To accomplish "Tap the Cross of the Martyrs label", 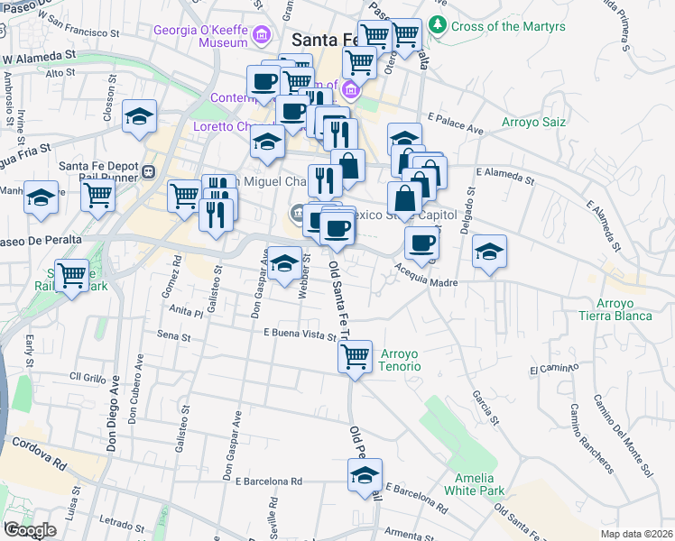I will tap(508, 26).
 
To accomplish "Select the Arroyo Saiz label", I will tap(532, 121).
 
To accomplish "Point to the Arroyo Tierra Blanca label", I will tap(624, 309).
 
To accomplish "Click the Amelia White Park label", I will tap(469, 484).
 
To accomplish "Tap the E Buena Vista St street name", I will tap(300, 334).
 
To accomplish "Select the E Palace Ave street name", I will tap(457, 124).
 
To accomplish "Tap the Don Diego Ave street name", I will tap(114, 414).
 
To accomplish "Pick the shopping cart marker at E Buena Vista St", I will tap(356, 357).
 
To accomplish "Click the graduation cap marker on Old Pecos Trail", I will tap(365, 475).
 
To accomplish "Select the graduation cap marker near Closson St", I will tap(139, 116).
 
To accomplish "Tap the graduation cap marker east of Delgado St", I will tap(489, 251).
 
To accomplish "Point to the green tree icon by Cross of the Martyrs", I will tap(439, 24).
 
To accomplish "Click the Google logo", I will tap(29, 530).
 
